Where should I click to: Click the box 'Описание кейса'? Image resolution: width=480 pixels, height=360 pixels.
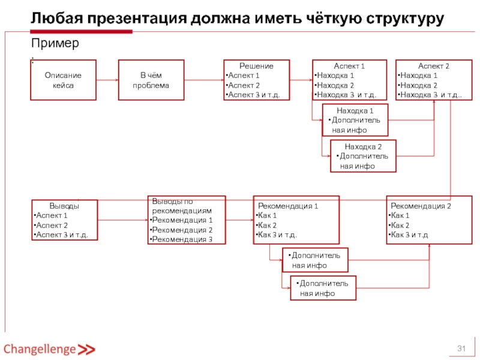[x=64, y=80]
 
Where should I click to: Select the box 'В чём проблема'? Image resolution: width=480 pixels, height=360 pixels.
[x=151, y=80]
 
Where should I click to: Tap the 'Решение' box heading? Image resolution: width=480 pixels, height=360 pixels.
[x=256, y=66]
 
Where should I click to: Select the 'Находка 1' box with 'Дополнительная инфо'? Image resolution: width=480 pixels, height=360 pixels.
[x=355, y=120]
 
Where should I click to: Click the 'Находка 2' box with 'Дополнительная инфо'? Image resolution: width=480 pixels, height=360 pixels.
[x=362, y=156]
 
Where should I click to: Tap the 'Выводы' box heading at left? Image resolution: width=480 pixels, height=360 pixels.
[x=65, y=206]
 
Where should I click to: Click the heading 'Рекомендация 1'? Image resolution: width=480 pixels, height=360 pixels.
[x=288, y=206]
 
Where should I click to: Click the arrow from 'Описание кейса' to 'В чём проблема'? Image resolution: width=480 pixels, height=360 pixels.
[x=107, y=80]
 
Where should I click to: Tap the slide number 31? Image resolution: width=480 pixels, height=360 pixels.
[x=462, y=349]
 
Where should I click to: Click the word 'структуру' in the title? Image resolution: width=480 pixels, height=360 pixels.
[x=406, y=19]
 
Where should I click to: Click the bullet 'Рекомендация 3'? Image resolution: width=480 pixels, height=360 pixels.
[x=182, y=239]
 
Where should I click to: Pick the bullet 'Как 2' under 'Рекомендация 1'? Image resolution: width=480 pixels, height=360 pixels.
[x=266, y=225]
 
